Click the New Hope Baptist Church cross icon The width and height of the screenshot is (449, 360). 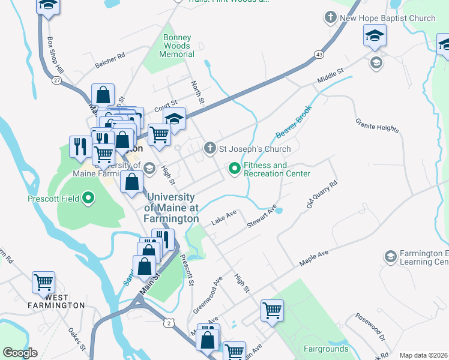pos(331,18)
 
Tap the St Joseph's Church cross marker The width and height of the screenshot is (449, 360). pos(209,148)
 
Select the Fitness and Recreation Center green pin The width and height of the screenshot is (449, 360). pos(234,170)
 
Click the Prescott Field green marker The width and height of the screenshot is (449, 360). pos(89,197)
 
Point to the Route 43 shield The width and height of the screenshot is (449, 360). pos(318,55)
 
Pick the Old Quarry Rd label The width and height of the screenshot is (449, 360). pos(322,195)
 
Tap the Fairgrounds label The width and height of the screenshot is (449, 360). pos(326,349)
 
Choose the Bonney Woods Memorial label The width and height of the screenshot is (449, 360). pos(177,46)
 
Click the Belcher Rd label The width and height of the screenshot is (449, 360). pos(109,60)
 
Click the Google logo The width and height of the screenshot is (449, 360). pos(20,353)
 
